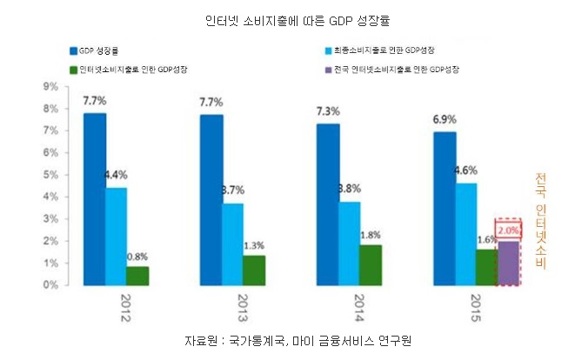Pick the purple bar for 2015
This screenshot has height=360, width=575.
pyautogui.click(x=507, y=263)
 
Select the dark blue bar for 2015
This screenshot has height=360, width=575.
pyautogui.click(x=445, y=208)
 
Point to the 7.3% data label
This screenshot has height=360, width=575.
pyautogui.click(x=328, y=112)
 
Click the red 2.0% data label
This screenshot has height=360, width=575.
pyautogui.click(x=509, y=230)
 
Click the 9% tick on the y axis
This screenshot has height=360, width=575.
pyautogui.click(x=50, y=86)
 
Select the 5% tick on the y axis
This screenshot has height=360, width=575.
pyautogui.click(x=50, y=174)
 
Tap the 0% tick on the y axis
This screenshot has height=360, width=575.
pyautogui.click(x=50, y=284)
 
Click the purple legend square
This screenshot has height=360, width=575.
pyautogui.click(x=325, y=69)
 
